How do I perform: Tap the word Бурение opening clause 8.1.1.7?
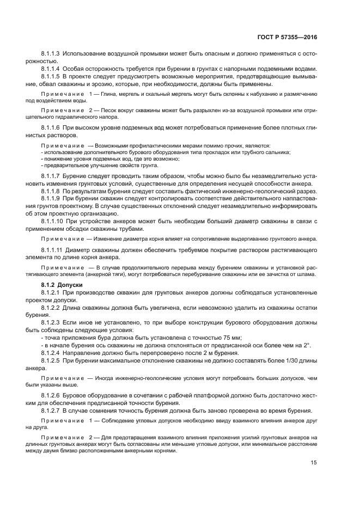point(76,176)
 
